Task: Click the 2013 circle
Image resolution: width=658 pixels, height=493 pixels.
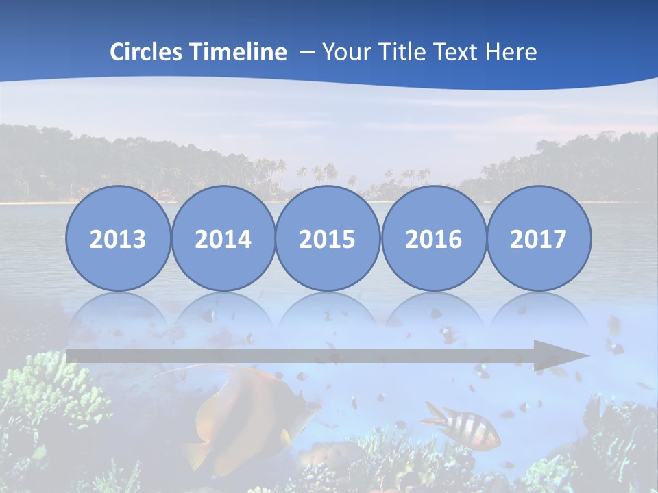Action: (x=118, y=238)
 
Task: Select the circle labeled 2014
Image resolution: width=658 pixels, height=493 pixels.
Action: (x=223, y=238)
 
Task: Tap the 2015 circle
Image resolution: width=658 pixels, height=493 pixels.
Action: (x=328, y=238)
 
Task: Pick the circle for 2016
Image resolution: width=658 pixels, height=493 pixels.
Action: (x=434, y=238)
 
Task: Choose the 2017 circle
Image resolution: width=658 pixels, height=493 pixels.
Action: (x=539, y=238)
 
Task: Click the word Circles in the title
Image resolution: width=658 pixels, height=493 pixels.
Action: (x=147, y=52)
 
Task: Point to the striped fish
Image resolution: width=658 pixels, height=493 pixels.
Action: (x=463, y=427)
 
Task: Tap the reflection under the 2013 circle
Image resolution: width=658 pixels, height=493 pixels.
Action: (x=118, y=312)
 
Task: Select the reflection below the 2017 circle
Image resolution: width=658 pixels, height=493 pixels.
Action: (x=539, y=312)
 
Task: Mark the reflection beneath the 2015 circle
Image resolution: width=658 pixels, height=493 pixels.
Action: (x=328, y=312)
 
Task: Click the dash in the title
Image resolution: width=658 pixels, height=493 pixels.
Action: (x=306, y=52)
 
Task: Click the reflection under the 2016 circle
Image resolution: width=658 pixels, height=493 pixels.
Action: (x=434, y=312)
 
